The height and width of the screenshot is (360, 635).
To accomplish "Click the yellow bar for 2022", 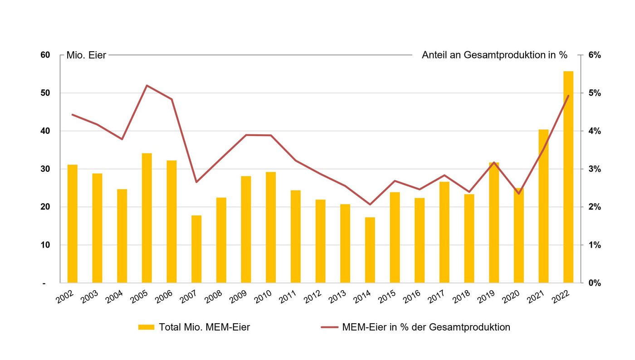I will [x=568, y=177].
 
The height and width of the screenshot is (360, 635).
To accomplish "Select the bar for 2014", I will [x=370, y=250].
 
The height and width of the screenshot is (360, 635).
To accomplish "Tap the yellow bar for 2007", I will [x=196, y=249].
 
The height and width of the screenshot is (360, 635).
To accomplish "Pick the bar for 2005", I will [x=147, y=218].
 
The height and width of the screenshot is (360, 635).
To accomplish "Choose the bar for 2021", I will [x=543, y=206].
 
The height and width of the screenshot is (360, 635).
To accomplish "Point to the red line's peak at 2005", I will [x=147, y=85].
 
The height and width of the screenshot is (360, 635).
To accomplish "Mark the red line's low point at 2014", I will [x=370, y=204].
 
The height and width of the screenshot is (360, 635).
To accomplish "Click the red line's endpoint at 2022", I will [x=568, y=96].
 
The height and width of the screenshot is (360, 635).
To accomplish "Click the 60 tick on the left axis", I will [x=45, y=55].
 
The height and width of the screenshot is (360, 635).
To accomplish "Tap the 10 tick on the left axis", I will [x=45, y=245].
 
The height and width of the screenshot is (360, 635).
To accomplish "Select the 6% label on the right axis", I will [x=594, y=55].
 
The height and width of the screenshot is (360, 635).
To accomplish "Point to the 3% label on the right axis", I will [x=594, y=169].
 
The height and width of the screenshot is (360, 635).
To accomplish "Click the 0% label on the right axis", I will [x=594, y=283].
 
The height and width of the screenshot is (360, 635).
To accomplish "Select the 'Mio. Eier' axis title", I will [x=86, y=55].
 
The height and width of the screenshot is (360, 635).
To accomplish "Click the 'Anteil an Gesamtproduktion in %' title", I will [x=494, y=55].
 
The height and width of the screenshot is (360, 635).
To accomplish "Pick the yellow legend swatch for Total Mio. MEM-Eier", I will [x=146, y=327].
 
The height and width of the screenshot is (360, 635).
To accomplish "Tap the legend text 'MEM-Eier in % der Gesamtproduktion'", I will [x=426, y=327].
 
